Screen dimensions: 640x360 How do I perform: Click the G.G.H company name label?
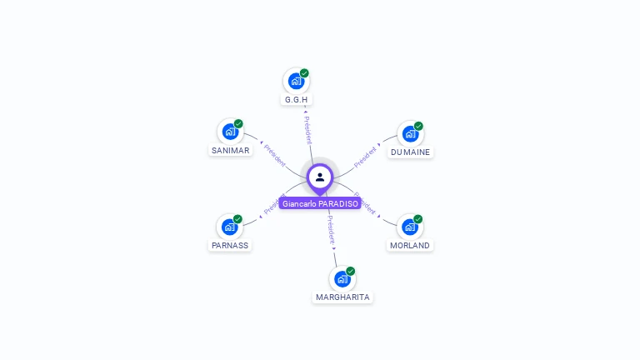pos(296,100)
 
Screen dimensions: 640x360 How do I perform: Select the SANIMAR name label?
pos(230,151)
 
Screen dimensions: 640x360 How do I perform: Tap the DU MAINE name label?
pos(410,152)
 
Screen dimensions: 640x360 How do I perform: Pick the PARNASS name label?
pos(229,246)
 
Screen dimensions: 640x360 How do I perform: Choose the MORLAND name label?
pos(410,246)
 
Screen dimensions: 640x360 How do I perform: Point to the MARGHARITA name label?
pos(342,297)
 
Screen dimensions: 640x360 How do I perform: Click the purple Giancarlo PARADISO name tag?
pos(320,203)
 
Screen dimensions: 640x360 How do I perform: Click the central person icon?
pos(320,177)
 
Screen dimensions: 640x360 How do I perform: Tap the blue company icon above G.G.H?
pos(295,81)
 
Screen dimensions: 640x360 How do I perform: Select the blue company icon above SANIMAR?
pos(230,132)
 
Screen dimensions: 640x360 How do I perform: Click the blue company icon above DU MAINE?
pos(409,133)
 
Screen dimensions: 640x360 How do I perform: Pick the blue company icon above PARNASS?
pos(229,227)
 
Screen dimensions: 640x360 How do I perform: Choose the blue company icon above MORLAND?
pos(409,227)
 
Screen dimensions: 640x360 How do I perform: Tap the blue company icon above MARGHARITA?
pos(342,278)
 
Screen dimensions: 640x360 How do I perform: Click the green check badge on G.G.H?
pos(305,73)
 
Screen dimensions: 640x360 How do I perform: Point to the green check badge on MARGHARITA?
pos(351,271)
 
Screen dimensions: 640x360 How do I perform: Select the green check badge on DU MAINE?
pos(418,126)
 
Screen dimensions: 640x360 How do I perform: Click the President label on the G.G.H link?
pos(307,130)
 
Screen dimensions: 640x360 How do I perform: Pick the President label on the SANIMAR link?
pos(274,155)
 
